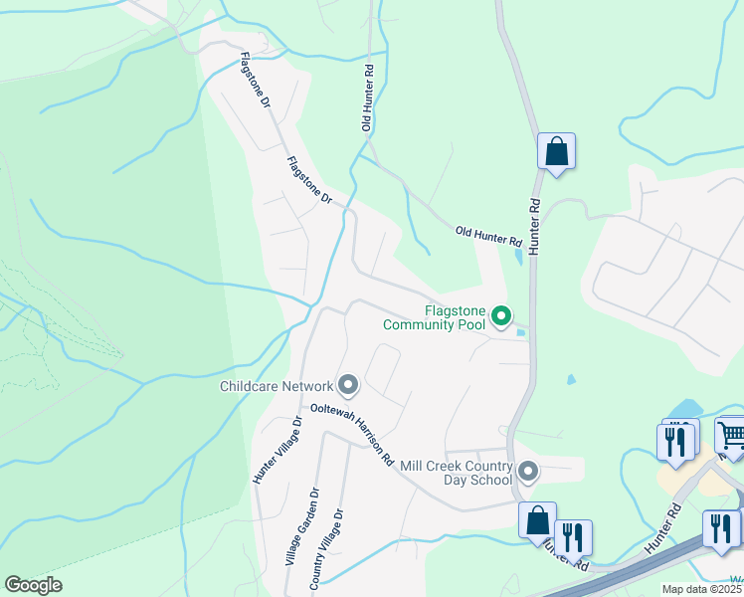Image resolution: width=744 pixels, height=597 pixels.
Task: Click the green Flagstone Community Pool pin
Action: pyautogui.click(x=502, y=317)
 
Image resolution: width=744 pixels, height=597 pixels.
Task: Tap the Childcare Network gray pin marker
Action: pyautogui.click(x=347, y=384)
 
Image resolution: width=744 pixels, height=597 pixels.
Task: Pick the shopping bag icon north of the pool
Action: pyautogui.click(x=557, y=152)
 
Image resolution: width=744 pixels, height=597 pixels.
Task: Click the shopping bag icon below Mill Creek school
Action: pyautogui.click(x=538, y=520)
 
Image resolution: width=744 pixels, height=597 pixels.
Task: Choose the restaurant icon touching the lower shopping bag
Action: pyautogui.click(x=573, y=537)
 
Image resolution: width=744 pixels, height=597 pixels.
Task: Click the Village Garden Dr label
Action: pyautogui.click(x=300, y=527)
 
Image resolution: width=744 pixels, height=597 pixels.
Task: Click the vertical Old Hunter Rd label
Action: pyautogui.click(x=368, y=99)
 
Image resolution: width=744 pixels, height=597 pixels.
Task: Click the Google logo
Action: pyautogui.click(x=33, y=584)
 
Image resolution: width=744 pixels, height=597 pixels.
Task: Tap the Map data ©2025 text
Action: pyautogui.click(x=700, y=589)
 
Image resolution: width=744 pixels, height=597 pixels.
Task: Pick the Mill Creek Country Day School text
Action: pyautogui.click(x=455, y=473)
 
